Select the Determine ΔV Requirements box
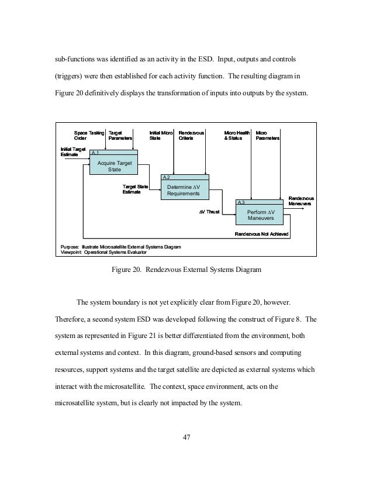[184, 190]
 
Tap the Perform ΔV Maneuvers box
[258, 215]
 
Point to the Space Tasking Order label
[89, 136]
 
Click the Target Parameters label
[120, 136]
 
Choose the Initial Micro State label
[161, 136]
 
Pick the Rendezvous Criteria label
[191, 136]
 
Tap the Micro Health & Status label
[237, 136]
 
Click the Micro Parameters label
[267, 136]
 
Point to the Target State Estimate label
[134, 189]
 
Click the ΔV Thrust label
[209, 212]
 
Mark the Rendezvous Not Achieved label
[261, 234]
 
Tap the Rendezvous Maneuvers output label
[301, 201]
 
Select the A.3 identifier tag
[241, 202]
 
